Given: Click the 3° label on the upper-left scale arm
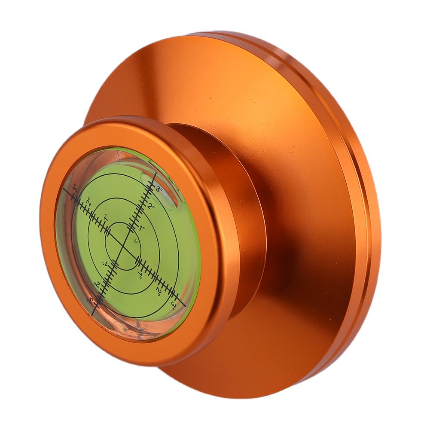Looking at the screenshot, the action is click(x=75, y=189).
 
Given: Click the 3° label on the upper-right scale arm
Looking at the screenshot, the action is click(x=159, y=189).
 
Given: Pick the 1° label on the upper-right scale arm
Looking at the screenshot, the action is click(x=142, y=228).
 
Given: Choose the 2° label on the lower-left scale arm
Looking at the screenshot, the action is click(x=97, y=283).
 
